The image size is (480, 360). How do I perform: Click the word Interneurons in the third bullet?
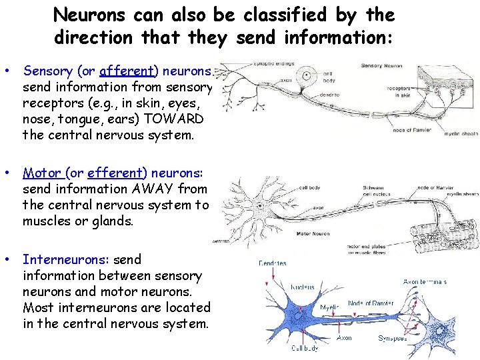(67, 259)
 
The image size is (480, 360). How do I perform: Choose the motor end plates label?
(363, 249)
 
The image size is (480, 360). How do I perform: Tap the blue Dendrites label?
(273, 264)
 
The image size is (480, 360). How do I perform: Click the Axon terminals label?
(425, 282)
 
